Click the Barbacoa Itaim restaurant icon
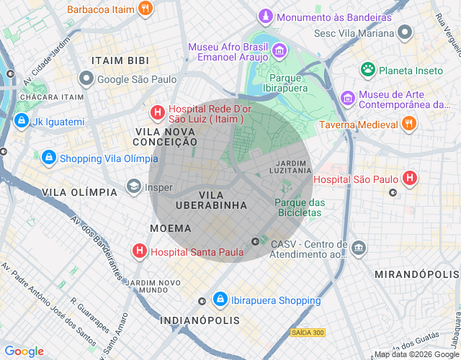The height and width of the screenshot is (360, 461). click(146, 9)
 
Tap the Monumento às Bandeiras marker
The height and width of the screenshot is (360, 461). click(266, 16)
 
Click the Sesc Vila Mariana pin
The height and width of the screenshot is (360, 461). click(405, 32)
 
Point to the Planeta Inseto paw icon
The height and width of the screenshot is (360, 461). click(368, 70)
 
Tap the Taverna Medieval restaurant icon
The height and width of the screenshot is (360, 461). click(408, 124)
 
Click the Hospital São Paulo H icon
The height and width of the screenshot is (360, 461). click(410, 178)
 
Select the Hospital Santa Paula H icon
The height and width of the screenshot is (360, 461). click(139, 251)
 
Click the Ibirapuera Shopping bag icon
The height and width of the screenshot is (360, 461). click(220, 300)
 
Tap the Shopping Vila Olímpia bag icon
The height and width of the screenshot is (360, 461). click(48, 157)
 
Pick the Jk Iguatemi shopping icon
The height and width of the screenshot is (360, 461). click(21, 121)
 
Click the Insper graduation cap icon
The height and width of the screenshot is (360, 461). click(133, 187)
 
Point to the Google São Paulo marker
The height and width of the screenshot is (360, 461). click(86, 78)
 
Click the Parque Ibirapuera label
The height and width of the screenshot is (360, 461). click(288, 83)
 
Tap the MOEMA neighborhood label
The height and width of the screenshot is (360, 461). click(170, 228)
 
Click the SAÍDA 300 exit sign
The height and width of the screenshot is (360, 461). click(308, 332)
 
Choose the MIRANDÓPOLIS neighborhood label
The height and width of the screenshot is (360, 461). click(416, 275)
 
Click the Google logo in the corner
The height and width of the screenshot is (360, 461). click(24, 351)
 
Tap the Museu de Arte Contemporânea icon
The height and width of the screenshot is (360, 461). click(348, 97)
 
